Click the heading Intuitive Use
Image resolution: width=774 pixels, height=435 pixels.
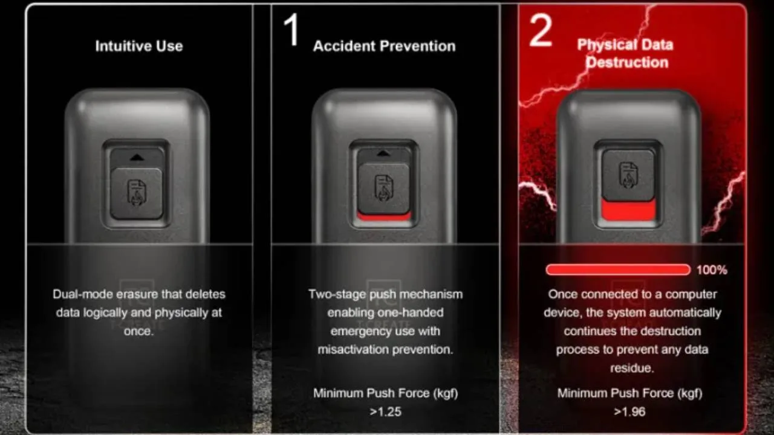139,46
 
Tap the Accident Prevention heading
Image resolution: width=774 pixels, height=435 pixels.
384,46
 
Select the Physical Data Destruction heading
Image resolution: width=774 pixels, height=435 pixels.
625,54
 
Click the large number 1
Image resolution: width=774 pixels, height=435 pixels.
291,30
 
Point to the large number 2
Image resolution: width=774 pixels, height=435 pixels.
541,31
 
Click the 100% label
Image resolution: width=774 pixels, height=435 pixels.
712,270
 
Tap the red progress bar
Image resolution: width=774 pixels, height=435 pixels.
618,269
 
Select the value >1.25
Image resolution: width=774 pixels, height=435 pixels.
385,411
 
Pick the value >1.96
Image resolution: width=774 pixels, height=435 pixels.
629,411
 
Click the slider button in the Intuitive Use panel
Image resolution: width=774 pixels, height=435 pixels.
137,194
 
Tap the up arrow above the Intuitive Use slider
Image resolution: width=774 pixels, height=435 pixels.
137,158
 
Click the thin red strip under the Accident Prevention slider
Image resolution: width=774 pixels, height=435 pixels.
384,217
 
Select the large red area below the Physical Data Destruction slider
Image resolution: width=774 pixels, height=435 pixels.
628,210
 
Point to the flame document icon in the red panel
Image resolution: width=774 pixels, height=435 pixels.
628,175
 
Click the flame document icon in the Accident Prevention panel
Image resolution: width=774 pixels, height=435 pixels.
383,188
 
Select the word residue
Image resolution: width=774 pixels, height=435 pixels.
632,368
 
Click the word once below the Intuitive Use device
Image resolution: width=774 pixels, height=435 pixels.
138,331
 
